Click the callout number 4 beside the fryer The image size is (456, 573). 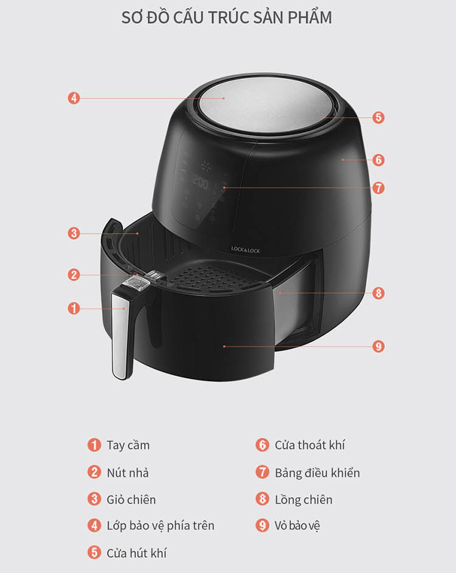point(74,98)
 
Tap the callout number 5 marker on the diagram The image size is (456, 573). point(378,117)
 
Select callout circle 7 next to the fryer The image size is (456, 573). point(378,188)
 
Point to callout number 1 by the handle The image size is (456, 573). point(74,308)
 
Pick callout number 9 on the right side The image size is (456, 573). point(378,346)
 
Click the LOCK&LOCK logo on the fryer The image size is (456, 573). point(246,250)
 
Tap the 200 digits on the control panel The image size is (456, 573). point(201,181)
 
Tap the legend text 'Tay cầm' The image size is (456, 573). point(128,445)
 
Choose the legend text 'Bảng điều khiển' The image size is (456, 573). point(317,472)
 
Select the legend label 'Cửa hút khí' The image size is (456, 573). point(137,553)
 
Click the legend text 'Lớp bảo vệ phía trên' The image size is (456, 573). point(161,526)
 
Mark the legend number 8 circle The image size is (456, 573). point(262,499)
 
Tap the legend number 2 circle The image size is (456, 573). point(94,472)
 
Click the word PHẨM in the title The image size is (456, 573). point(309,17)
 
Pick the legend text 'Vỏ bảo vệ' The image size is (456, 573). point(297,526)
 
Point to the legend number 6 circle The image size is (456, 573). point(262,445)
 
